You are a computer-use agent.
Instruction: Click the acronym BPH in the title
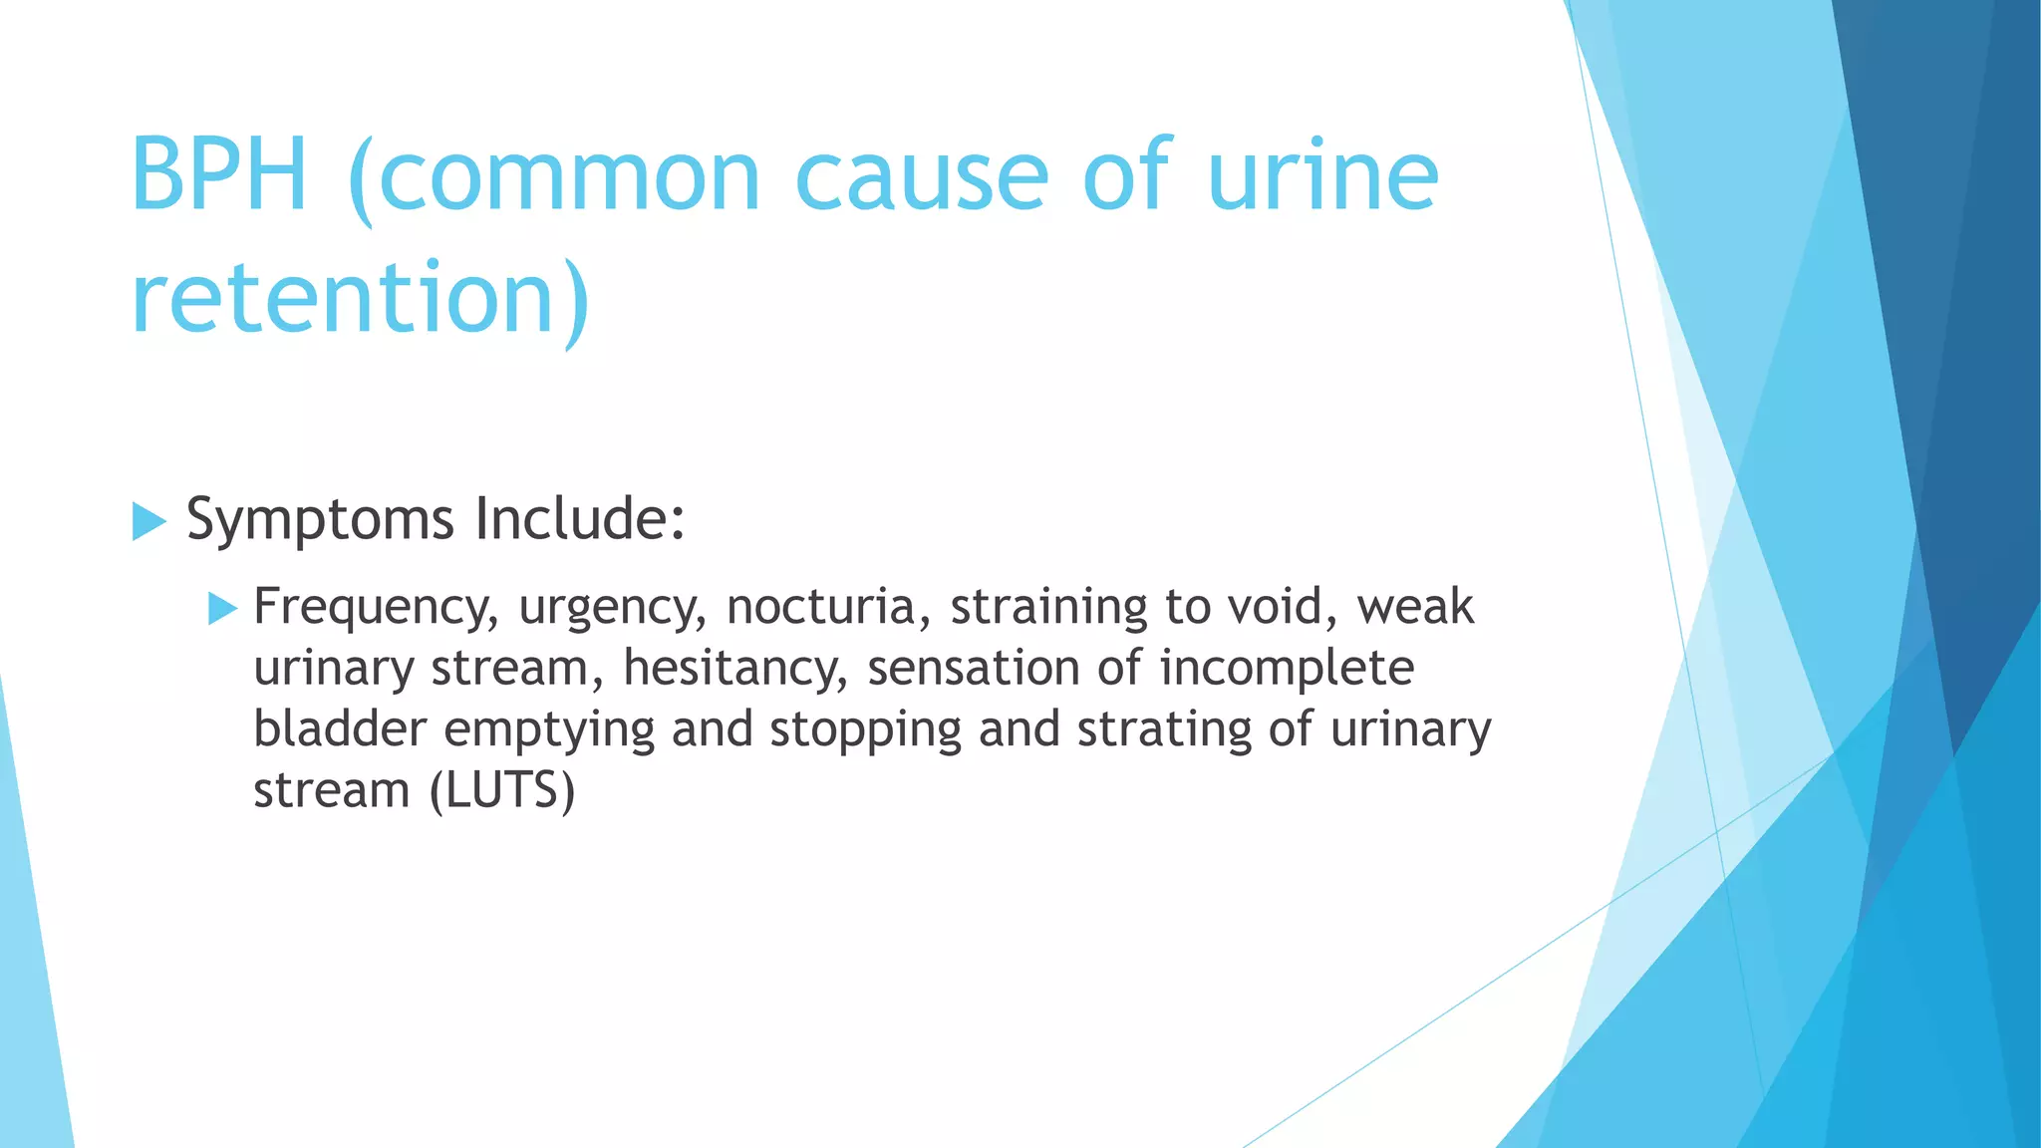click(218, 176)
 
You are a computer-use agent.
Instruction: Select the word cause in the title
click(922, 176)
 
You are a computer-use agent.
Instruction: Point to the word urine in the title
click(1322, 176)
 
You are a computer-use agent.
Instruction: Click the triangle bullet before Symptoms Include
click(148, 521)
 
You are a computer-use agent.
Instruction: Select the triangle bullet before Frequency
click(222, 608)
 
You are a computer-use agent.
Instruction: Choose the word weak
click(1415, 607)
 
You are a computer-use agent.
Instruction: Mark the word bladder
click(340, 728)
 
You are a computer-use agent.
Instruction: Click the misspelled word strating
click(1164, 730)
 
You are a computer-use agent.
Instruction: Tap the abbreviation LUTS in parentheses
click(503, 791)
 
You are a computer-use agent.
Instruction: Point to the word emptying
click(549, 730)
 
